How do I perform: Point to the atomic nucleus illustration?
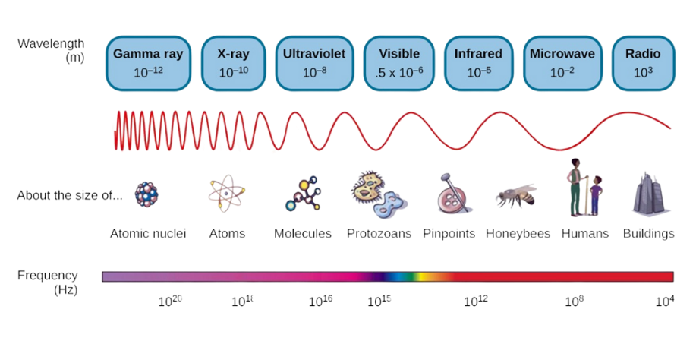(146, 194)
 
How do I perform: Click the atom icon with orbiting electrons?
(226, 194)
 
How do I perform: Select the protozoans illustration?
(378, 195)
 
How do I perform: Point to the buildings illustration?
(649, 194)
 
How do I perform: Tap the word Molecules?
(303, 233)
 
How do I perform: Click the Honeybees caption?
(518, 233)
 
